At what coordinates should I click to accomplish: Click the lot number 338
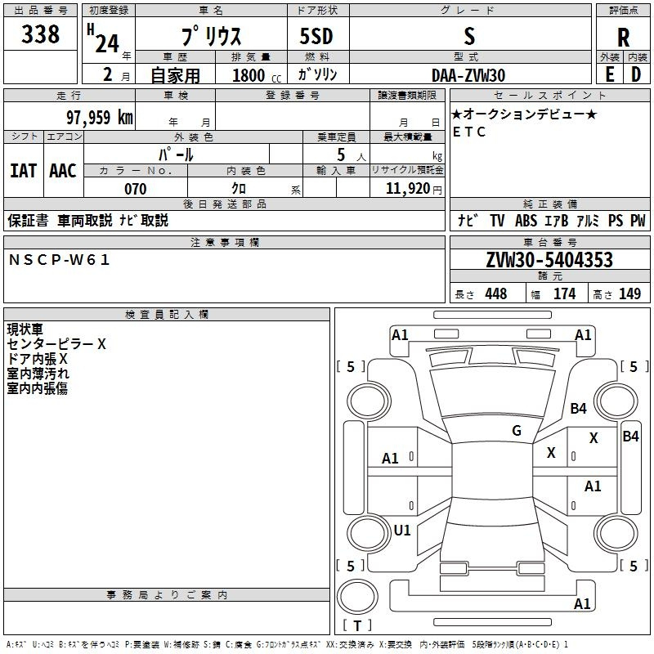point(41,34)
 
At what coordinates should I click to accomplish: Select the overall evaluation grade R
point(623,38)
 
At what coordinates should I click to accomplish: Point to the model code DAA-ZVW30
point(468,74)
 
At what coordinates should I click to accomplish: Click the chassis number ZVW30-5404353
point(549,261)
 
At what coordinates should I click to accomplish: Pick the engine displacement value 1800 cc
point(250,75)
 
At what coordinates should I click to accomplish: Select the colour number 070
point(135,189)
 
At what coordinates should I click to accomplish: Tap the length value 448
point(495,294)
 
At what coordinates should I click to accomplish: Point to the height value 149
point(629,294)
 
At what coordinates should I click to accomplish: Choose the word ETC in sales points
point(469,132)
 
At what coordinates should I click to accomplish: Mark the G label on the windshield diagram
point(517,431)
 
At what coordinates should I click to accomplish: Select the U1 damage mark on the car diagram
point(402,530)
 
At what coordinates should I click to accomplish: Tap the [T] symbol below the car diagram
point(357,626)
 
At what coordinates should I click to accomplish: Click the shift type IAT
point(23,171)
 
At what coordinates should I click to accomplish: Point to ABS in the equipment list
point(526,221)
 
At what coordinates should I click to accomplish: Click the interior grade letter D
point(636,74)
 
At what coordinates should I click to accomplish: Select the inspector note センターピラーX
point(56,344)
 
